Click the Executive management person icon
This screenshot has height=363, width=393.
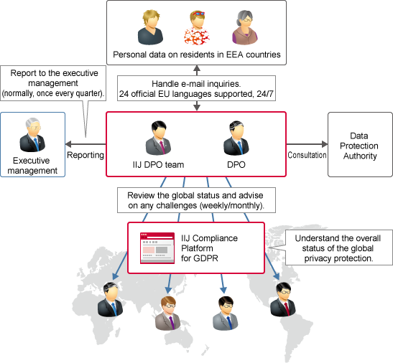(x=32, y=135)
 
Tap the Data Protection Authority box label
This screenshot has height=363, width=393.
(x=359, y=146)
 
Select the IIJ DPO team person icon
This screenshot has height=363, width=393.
(x=158, y=138)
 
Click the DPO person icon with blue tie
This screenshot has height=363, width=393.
(x=236, y=138)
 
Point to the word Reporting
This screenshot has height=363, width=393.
(x=85, y=155)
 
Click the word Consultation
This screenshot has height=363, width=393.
(x=307, y=155)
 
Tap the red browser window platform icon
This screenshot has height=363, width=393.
(x=157, y=248)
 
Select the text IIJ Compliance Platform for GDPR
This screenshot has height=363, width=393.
(x=209, y=248)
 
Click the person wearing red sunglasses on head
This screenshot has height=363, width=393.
(x=197, y=28)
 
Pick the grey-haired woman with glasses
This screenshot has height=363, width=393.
(x=245, y=27)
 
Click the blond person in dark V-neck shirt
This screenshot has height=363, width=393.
(x=150, y=27)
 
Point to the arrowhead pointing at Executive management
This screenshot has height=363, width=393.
(x=68, y=144)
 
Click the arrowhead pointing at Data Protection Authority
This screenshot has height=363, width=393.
(x=325, y=144)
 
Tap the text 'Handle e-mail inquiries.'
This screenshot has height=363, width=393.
(x=196, y=84)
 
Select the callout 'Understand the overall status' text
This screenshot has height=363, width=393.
(x=338, y=248)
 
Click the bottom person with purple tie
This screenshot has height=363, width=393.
(x=168, y=313)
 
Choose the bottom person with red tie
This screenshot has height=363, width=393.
(x=283, y=299)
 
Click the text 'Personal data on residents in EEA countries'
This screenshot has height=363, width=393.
(x=197, y=55)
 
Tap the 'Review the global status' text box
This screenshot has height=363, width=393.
(x=197, y=200)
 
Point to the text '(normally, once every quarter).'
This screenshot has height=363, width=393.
(x=53, y=93)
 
